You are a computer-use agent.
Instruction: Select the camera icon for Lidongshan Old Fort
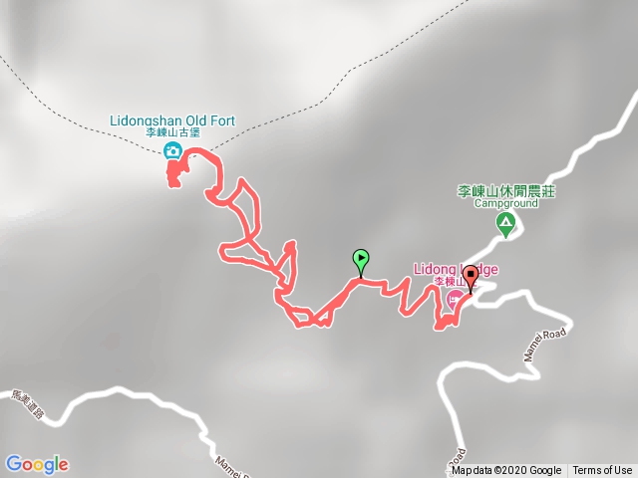pyautogui.click(x=172, y=150)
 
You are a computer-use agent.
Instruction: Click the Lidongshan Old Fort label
pyautogui.click(x=171, y=121)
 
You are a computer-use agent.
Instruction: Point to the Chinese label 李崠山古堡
pyautogui.click(x=171, y=133)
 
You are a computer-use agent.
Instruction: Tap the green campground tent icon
pyautogui.click(x=506, y=224)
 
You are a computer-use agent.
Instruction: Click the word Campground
pyautogui.click(x=505, y=203)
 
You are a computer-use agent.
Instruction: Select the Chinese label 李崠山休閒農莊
pyautogui.click(x=505, y=190)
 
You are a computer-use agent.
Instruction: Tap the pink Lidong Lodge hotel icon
pyautogui.click(x=455, y=297)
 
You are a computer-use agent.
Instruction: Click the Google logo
pyautogui.click(x=36, y=464)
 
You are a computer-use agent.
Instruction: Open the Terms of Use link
pyautogui.click(x=602, y=471)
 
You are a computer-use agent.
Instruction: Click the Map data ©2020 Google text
pyautogui.click(x=506, y=471)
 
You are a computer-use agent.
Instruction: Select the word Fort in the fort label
pyautogui.click(x=222, y=121)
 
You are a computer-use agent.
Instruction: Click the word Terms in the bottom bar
pyautogui.click(x=587, y=471)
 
